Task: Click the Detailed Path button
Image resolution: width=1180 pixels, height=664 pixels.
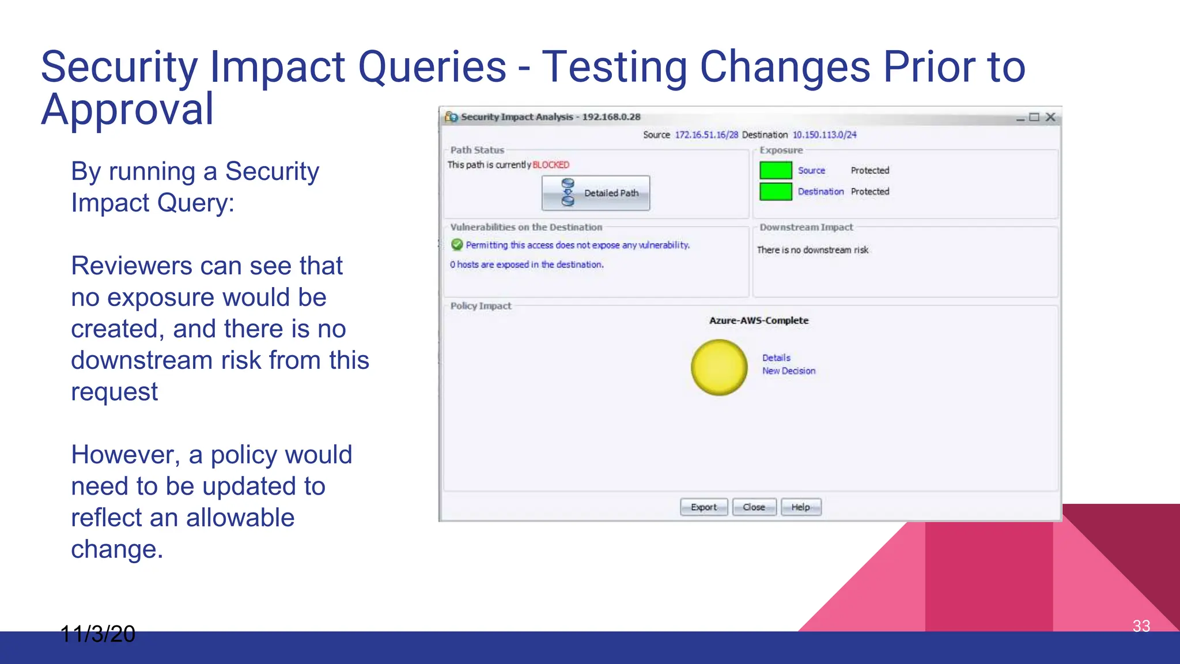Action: pyautogui.click(x=595, y=193)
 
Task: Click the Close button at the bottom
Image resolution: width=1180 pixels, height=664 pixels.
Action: pyautogui.click(x=754, y=507)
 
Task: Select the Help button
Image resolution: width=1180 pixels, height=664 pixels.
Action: pyautogui.click(x=800, y=507)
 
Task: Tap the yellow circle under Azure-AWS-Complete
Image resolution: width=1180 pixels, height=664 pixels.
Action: pyautogui.click(x=719, y=367)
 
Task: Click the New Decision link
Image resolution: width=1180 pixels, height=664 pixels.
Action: pyautogui.click(x=789, y=371)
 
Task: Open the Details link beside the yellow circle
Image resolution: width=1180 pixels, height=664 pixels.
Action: pyautogui.click(x=776, y=358)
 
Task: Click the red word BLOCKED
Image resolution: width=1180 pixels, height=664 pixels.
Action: pyautogui.click(x=550, y=165)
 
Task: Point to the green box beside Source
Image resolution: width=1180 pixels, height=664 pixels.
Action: pyautogui.click(x=776, y=171)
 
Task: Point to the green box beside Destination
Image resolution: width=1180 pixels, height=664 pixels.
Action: pyautogui.click(x=776, y=191)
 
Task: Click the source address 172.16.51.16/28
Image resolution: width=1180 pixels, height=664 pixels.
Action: pyautogui.click(x=706, y=135)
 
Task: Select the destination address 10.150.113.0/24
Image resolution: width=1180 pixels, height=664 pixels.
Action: pyautogui.click(x=824, y=135)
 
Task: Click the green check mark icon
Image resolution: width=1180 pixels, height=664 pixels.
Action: pyautogui.click(x=457, y=245)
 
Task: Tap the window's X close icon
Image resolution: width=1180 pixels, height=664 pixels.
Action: pyautogui.click(x=1050, y=117)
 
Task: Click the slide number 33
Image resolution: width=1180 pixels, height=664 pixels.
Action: pyautogui.click(x=1141, y=626)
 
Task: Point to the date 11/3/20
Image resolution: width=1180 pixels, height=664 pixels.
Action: pyautogui.click(x=98, y=634)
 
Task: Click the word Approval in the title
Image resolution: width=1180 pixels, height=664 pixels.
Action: pyautogui.click(x=127, y=109)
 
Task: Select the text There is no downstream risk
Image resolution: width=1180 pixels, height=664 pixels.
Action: pyautogui.click(x=812, y=250)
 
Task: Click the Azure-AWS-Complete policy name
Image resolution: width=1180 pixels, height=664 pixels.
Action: pyautogui.click(x=759, y=320)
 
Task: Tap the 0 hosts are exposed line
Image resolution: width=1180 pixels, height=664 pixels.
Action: pyautogui.click(x=527, y=265)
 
